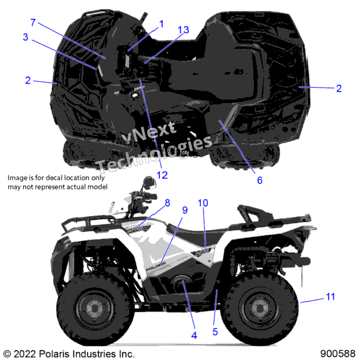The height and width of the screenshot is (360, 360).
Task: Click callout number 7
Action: pos(33,23)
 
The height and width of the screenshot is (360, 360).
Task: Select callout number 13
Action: pos(183,30)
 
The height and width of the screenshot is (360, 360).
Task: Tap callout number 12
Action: pos(162,175)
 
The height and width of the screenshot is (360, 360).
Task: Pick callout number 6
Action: pos(260,180)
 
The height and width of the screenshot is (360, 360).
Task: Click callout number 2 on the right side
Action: pos(339,88)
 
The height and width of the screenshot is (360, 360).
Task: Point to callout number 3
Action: pos(26,37)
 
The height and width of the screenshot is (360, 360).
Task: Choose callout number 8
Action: pos(167,203)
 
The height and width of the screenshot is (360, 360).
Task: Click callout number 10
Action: pos(203,203)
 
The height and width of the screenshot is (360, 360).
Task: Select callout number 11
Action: pos(330,296)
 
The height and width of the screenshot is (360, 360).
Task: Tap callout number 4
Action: pos(194,336)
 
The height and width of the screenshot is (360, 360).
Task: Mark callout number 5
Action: pos(215,332)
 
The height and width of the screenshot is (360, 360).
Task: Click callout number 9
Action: pos(185,210)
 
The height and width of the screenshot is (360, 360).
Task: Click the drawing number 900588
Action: pos(338,354)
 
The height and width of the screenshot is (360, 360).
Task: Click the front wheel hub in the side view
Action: pos(94,308)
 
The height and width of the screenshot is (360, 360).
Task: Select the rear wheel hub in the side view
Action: pos(259,308)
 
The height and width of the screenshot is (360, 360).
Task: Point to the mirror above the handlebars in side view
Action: pos(149,182)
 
